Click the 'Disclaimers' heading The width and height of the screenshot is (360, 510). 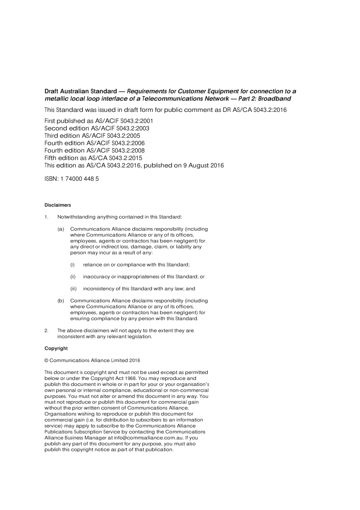point(58,205)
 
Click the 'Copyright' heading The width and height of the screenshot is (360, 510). point(56,348)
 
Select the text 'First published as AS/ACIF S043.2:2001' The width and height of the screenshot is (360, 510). point(99,121)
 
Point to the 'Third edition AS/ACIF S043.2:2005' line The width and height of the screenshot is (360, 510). point(92,136)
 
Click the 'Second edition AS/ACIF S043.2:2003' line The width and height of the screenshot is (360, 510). point(97,128)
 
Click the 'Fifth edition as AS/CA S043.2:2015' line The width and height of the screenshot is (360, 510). point(93,158)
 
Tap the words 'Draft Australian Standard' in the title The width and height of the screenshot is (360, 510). point(81,91)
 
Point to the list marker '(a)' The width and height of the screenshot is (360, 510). point(61,229)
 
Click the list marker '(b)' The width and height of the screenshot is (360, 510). point(61,301)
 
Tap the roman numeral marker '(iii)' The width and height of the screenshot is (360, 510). point(74,289)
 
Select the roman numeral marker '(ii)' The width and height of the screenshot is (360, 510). point(73,277)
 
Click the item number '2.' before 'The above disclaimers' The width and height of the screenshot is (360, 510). point(47,331)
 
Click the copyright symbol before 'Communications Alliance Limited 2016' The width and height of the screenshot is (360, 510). point(46,361)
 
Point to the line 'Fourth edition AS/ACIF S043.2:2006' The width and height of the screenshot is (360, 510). point(94,143)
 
